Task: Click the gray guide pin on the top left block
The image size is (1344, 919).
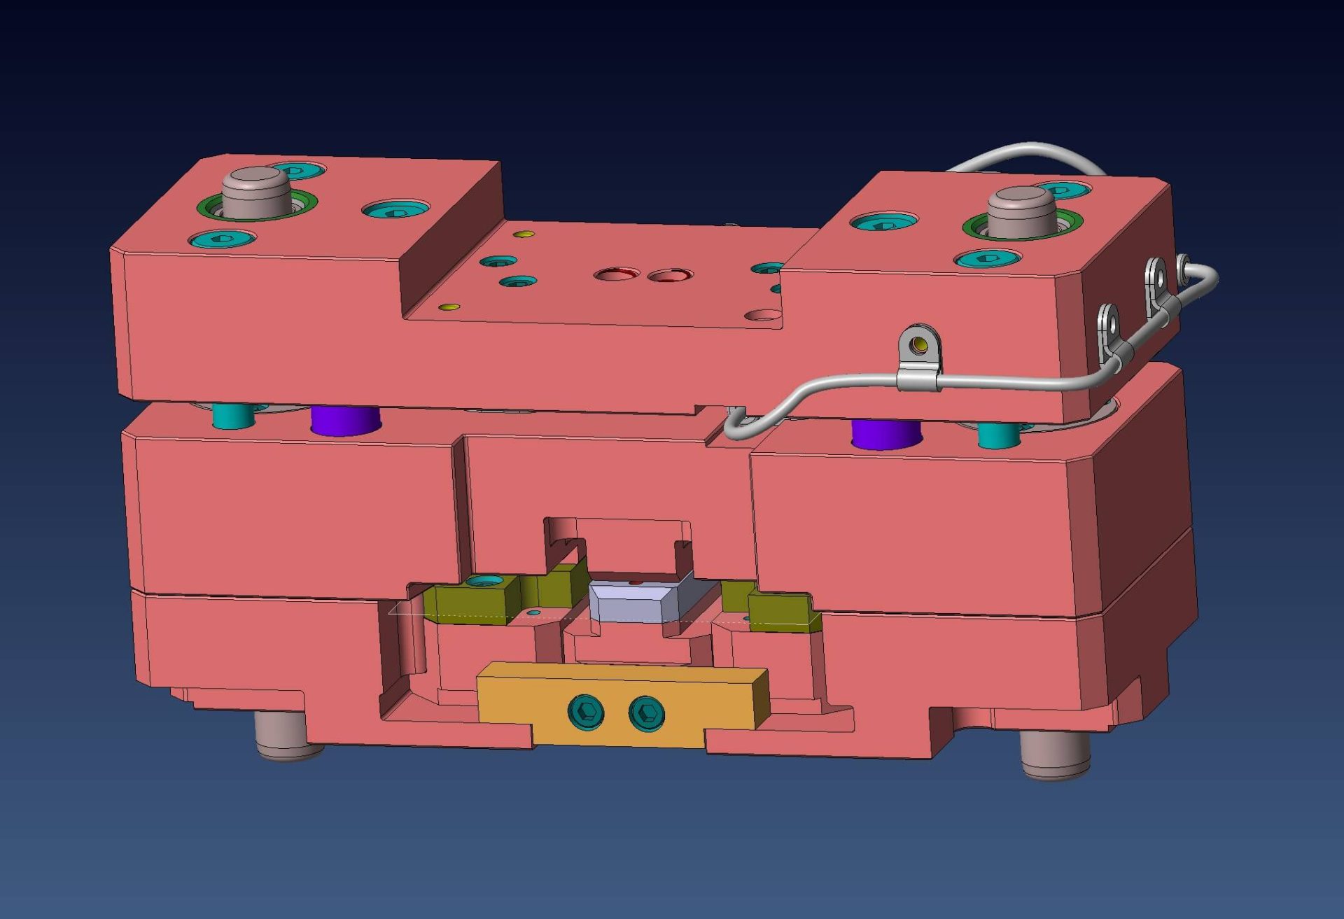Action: (x=256, y=189)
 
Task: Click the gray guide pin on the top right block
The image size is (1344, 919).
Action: (x=1021, y=209)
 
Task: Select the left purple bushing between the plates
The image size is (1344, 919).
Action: (x=345, y=421)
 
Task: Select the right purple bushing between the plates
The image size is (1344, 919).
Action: (x=885, y=433)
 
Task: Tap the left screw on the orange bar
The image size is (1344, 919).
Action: (x=587, y=712)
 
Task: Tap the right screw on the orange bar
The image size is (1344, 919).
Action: (x=646, y=714)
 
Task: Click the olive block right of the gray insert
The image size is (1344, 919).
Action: (x=780, y=610)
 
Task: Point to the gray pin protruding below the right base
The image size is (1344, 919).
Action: (x=1055, y=754)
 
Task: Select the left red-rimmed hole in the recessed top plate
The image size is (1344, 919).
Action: (x=617, y=274)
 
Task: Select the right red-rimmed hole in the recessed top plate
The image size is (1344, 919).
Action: (x=670, y=276)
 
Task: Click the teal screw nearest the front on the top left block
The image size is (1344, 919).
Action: (x=223, y=239)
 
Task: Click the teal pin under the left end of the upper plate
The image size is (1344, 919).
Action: (x=234, y=416)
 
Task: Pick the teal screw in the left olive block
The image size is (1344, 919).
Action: (x=484, y=580)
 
